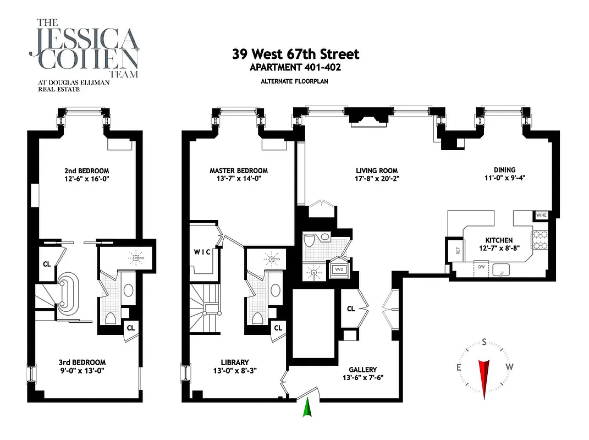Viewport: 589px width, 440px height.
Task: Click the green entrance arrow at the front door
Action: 307,409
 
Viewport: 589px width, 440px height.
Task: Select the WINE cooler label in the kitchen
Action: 541,216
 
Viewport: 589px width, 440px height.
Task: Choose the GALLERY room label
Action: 362,370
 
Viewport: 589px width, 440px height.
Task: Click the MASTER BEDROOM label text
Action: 239,170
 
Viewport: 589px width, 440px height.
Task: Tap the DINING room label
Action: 504,170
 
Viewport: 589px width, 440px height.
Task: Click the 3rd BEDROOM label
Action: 82,362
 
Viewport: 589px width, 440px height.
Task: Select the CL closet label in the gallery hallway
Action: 351,309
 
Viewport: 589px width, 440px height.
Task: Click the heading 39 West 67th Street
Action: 295,54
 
